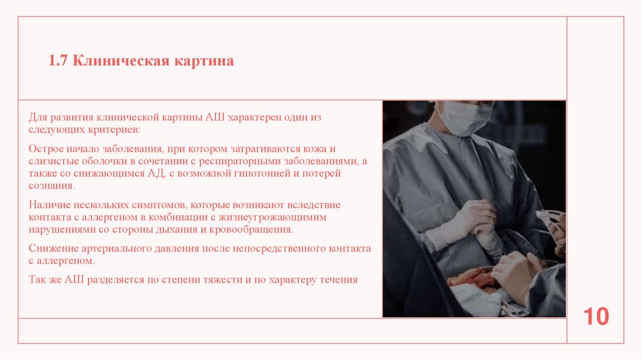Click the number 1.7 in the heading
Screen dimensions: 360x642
coord(59,61)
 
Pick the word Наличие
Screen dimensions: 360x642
coord(49,205)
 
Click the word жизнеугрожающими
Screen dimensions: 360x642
coord(292,217)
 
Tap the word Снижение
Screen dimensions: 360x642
coord(52,248)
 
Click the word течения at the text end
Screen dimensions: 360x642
coord(337,280)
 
